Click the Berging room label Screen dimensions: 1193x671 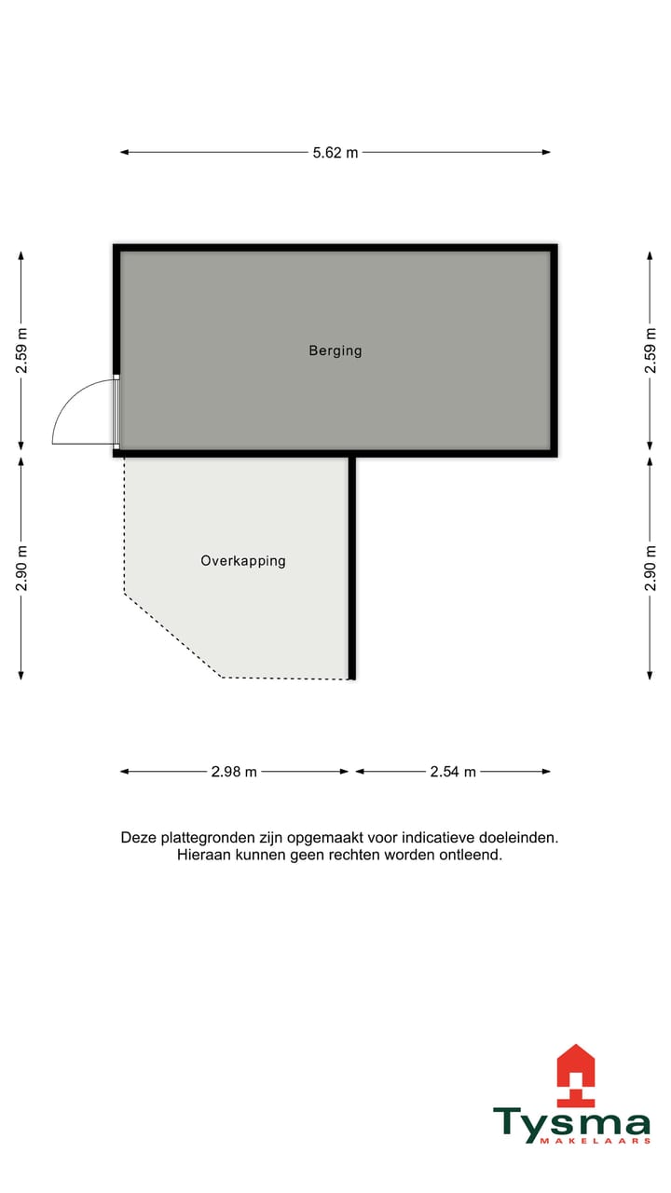pyautogui.click(x=335, y=351)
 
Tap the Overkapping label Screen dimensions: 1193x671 pyautogui.click(x=243, y=561)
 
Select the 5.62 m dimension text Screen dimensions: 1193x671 pyautogui.click(x=335, y=153)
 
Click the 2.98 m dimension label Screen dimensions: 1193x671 pyautogui.click(x=234, y=772)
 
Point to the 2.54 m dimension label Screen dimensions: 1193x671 pyautogui.click(x=453, y=772)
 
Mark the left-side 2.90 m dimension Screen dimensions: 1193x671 pyautogui.click(x=21, y=568)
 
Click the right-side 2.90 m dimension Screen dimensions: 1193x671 pyautogui.click(x=650, y=568)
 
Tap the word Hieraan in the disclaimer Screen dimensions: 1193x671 pyautogui.click(x=202, y=855)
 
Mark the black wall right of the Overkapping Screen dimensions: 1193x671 pyautogui.click(x=352, y=568)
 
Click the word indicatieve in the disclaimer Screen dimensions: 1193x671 pyautogui.click(x=438, y=838)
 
